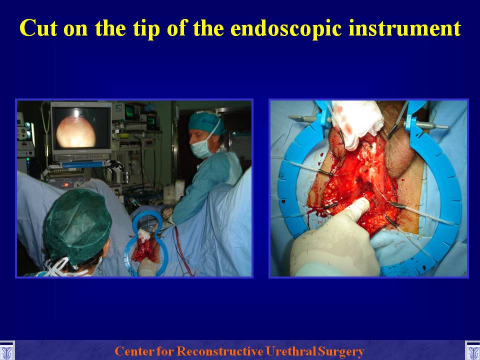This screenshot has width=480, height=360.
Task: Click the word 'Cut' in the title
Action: pos(38,28)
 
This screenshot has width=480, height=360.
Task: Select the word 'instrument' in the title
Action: pos(404,28)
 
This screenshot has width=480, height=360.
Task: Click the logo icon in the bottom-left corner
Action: pos(6,351)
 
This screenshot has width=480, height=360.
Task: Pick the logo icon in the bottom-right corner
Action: pos(472,351)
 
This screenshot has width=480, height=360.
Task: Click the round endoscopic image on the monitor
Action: pos(76,132)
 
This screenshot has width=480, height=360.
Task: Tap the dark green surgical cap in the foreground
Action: pos(78,225)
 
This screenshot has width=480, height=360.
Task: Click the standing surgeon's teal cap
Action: pos(205,123)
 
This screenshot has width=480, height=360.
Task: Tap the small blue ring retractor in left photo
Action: pos(146,242)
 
